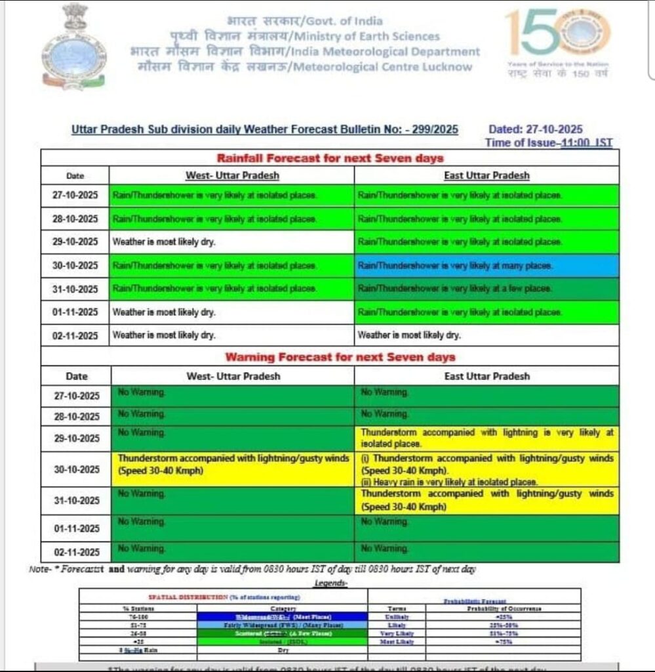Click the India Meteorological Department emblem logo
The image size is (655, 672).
73,47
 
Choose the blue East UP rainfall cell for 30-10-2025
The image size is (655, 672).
486,266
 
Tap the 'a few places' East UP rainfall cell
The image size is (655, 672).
486,289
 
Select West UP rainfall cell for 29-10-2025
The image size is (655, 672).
231,242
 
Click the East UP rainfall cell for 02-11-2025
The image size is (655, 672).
486,335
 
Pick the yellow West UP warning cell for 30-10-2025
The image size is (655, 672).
232,469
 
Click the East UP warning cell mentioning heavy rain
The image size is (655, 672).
487,469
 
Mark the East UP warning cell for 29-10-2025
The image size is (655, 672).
487,438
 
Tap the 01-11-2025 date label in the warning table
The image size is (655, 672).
75,528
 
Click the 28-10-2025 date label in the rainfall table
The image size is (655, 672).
75,219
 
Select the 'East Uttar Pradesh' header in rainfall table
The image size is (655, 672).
486,176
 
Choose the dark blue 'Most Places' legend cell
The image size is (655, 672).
282,617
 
